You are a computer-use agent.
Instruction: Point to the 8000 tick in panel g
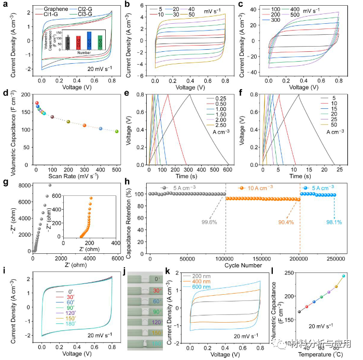pos(23,185)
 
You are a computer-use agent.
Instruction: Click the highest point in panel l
pos(343,276)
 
